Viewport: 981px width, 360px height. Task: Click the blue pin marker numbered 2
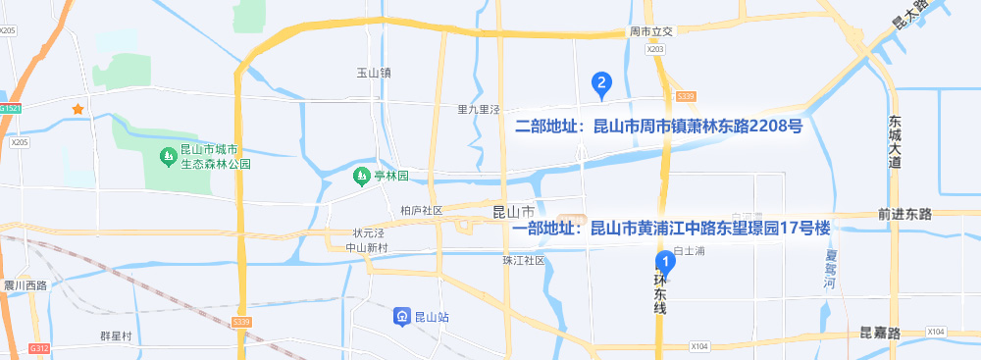(x=601, y=84)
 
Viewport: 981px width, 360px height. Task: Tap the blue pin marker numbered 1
(x=665, y=262)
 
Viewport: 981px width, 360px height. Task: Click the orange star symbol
(x=77, y=108)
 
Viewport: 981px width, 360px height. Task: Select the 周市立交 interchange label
(x=654, y=32)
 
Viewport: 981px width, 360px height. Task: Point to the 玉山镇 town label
(x=374, y=73)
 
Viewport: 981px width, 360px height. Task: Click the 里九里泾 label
(x=479, y=109)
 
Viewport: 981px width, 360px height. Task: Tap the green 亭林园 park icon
(x=360, y=176)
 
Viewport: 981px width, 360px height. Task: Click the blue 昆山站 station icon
(x=402, y=316)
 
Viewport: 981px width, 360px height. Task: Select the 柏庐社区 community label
(x=422, y=210)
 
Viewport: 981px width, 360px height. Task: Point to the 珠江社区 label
(x=523, y=260)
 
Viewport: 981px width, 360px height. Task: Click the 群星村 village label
(x=116, y=335)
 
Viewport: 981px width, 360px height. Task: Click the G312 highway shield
(x=39, y=348)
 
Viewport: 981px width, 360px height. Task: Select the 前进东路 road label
(x=904, y=213)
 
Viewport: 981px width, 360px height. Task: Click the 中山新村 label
(x=369, y=247)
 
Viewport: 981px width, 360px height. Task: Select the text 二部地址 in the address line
(x=543, y=127)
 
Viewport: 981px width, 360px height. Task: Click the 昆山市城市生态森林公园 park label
(x=216, y=157)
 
